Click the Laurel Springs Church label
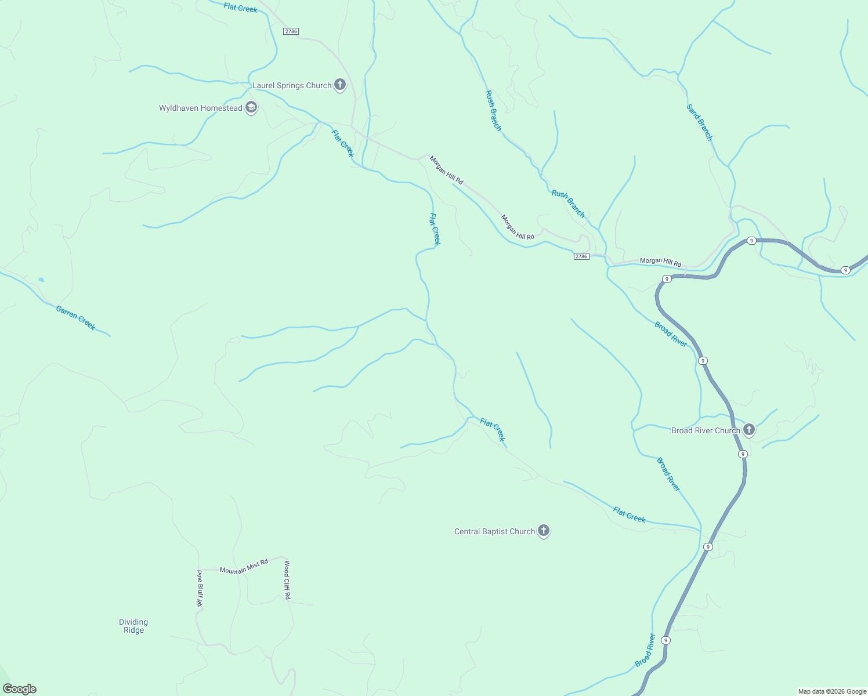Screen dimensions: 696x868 291,86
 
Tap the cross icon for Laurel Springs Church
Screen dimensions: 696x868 340,85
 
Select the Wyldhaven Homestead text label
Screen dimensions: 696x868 201,108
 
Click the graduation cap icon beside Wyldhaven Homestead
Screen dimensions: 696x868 251,107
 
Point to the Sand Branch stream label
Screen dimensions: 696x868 699,122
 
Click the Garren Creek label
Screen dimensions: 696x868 75,318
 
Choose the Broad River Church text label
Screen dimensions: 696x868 706,431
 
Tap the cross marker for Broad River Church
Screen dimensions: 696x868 749,430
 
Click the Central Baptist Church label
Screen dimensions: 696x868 494,532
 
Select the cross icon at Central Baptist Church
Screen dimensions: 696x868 544,530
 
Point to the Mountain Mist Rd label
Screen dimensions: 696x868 244,567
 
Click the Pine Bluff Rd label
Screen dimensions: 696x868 199,588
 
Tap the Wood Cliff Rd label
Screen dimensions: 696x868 287,579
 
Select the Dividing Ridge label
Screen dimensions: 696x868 133,626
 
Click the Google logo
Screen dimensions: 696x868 19,689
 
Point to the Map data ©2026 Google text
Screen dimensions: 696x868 831,691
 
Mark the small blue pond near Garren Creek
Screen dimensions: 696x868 41,280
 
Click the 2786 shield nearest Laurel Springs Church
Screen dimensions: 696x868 291,31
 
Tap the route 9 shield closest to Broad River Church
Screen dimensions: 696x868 743,454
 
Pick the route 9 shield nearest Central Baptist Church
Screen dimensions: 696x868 708,547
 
